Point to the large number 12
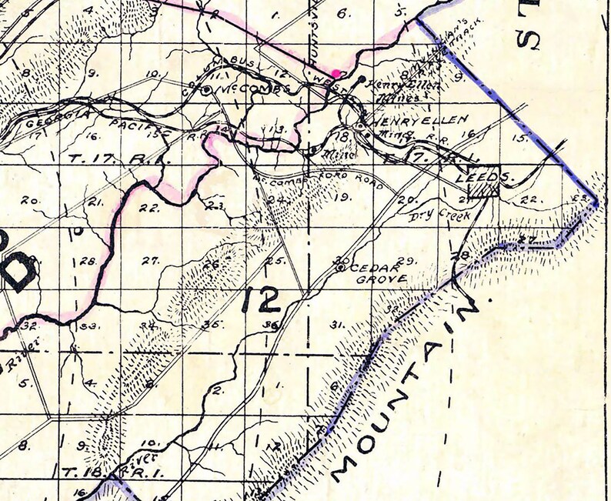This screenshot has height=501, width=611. click(x=261, y=299)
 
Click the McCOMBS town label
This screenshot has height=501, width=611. click(x=242, y=89)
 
